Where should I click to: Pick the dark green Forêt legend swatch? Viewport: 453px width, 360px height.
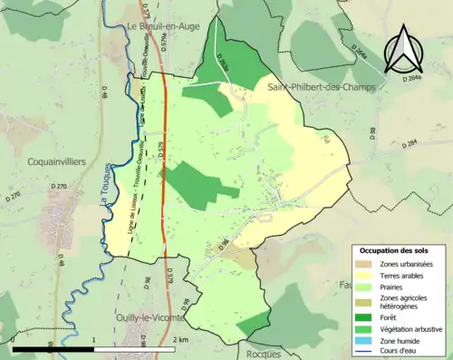[x=362, y=316]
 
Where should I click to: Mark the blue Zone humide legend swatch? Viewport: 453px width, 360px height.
[x=362, y=339]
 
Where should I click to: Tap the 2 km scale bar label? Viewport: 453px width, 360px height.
[x=180, y=340]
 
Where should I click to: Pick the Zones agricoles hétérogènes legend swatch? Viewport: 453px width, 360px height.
[x=362, y=301]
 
